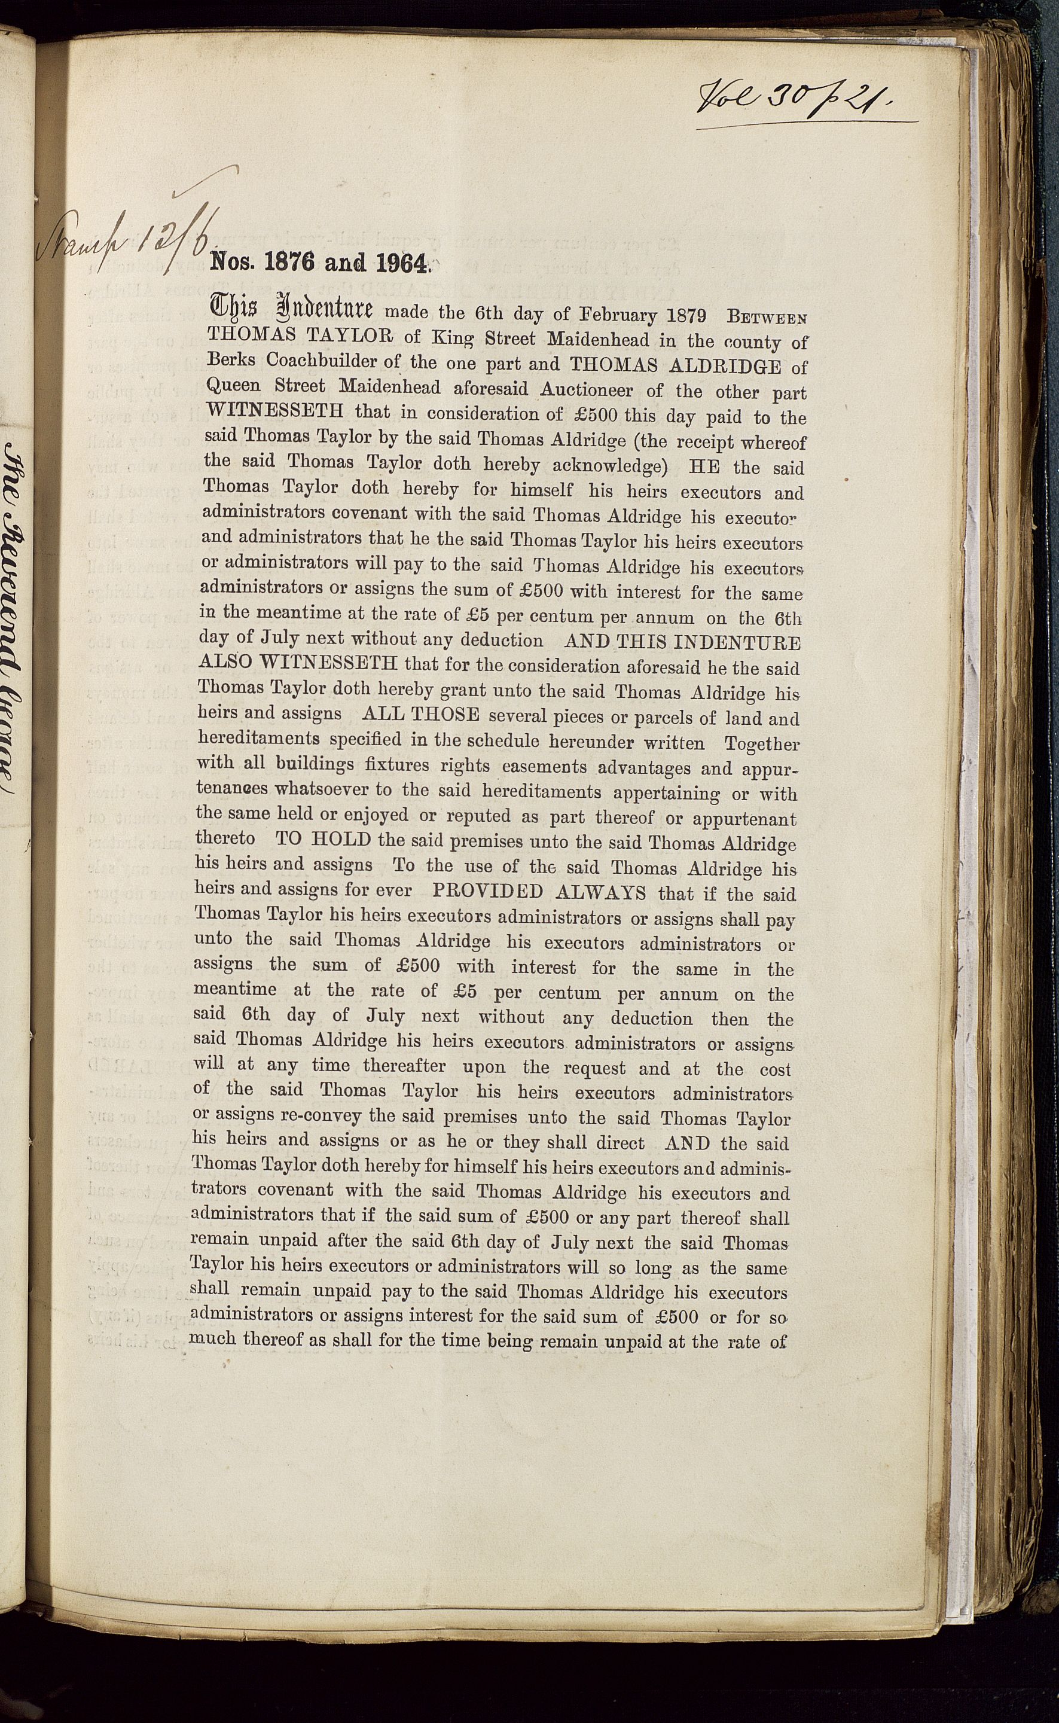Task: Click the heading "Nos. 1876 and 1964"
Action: (x=319, y=263)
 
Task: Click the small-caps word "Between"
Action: (x=768, y=316)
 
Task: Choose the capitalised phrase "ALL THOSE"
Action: (x=421, y=715)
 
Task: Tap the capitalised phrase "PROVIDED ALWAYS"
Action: (x=540, y=892)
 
